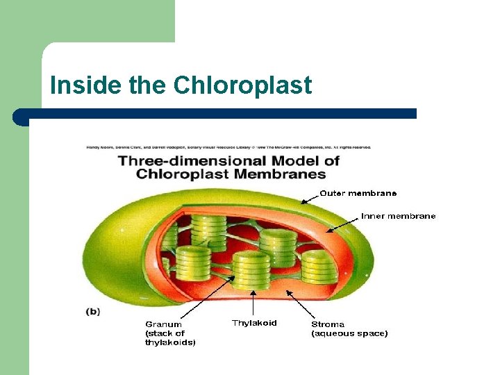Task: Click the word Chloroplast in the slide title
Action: click(242, 85)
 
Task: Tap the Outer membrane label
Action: click(358, 193)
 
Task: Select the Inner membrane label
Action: click(398, 216)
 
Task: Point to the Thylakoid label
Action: click(254, 323)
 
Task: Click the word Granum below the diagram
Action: click(163, 324)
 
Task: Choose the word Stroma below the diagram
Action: click(327, 324)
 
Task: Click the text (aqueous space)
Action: click(349, 333)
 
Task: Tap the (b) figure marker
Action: click(93, 312)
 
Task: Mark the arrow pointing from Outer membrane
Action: click(309, 198)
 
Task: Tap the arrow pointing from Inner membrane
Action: click(344, 222)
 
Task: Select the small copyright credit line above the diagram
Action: click(228, 147)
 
